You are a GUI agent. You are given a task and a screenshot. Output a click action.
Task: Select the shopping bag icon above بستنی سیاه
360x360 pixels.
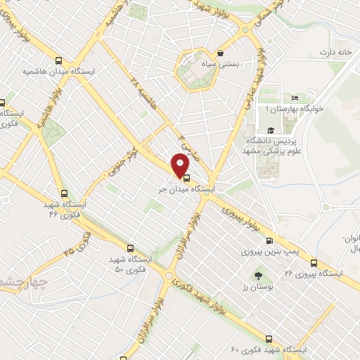(221, 53)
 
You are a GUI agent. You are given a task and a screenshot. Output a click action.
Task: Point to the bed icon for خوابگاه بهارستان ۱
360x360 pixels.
(295, 98)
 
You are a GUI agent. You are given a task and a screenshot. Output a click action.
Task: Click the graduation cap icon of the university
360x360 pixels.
(270, 131)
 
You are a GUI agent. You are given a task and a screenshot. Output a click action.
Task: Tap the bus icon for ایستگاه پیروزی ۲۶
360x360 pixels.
(314, 263)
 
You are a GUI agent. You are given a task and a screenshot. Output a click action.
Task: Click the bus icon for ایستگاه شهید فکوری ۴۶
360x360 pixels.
(65, 195)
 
